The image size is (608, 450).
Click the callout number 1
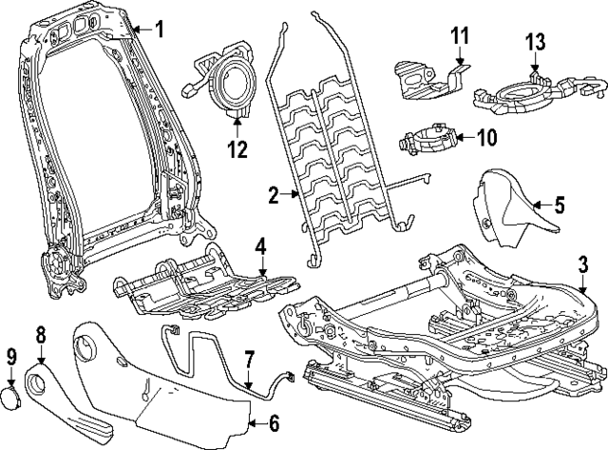(159, 29)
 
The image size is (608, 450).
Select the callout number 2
(273, 196)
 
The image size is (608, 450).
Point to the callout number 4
(260, 249)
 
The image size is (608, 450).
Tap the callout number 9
(11, 358)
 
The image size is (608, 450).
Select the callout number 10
(485, 137)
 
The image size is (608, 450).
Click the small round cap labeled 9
(14, 398)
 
